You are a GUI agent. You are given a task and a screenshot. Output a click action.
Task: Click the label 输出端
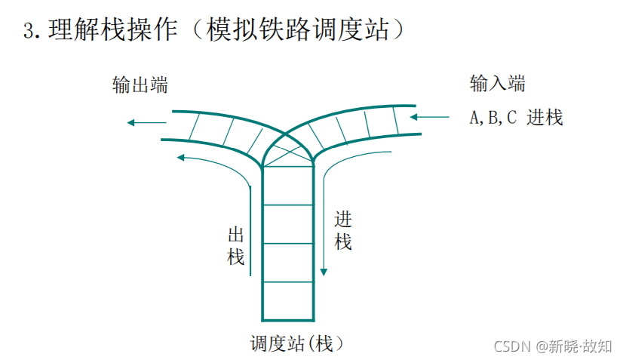point(140,85)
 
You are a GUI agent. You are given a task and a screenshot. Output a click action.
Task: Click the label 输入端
point(497,84)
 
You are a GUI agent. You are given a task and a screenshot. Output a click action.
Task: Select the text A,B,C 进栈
point(516,118)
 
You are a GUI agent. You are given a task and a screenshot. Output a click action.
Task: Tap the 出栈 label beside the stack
point(236,245)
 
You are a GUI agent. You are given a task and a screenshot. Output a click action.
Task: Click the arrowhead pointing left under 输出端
point(131,122)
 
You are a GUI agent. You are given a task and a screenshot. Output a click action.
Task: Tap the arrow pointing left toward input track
point(417,118)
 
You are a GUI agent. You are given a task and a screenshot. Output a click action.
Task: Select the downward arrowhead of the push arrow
point(324,271)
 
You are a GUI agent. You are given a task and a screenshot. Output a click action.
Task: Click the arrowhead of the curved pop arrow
point(180,158)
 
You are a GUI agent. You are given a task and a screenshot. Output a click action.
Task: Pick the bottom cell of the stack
point(287,300)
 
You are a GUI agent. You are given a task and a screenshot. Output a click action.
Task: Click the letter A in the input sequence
point(474,118)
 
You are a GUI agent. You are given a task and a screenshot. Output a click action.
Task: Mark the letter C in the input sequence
point(511,118)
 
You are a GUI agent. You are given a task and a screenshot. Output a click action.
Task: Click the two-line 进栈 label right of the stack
point(343,231)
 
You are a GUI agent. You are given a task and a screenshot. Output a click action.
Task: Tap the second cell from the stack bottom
point(287,262)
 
